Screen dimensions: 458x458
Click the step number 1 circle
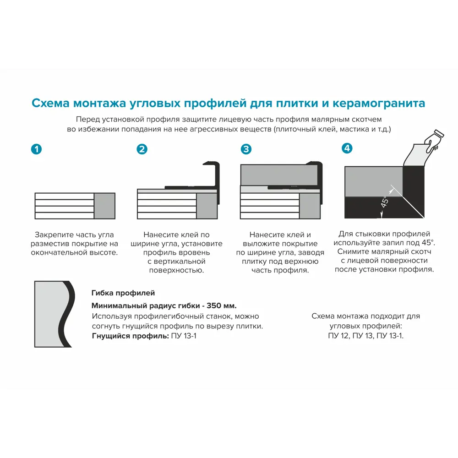pos(36,149)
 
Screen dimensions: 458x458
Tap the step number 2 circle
pos(142,149)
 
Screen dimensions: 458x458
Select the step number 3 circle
pos(246,149)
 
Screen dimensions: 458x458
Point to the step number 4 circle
pos(347,148)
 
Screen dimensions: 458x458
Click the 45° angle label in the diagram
pos(385,201)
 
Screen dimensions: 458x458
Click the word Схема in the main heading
pos(51,103)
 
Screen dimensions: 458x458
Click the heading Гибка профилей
pos(123,293)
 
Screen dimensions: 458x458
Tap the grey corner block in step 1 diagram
pos(104,206)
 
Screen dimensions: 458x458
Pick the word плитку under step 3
pos(254,261)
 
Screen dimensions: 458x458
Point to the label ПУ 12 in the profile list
pos(338,336)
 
